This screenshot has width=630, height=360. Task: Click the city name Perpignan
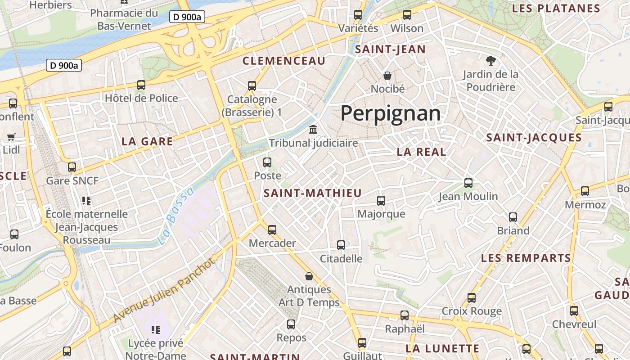pos(390,113)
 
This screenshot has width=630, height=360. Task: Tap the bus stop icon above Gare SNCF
pos(72,167)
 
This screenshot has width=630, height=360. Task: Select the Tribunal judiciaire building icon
pos(313,130)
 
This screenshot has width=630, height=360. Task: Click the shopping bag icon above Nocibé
pos(387,75)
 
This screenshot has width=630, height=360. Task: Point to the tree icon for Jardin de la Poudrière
pos(490,60)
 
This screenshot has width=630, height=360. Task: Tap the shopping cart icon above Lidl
pos(11,137)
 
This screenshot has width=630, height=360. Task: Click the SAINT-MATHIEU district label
pos(312,193)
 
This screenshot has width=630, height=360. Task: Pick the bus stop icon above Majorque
pos(381,201)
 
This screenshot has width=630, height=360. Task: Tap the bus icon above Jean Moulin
pos(468,183)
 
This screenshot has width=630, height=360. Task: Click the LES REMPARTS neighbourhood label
pos(526,258)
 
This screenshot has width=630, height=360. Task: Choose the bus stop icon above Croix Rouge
pos(472,298)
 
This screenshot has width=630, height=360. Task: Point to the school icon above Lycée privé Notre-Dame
pos(156,330)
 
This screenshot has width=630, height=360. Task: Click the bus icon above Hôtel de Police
pos(141,85)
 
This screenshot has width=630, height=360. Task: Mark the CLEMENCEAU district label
pos(283,61)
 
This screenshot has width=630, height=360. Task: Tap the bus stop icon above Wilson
pos(407,15)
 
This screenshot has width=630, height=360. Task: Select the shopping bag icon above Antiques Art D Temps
pos(309,276)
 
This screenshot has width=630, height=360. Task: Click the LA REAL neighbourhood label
pos(421,152)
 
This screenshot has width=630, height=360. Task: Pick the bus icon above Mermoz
pos(585,191)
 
